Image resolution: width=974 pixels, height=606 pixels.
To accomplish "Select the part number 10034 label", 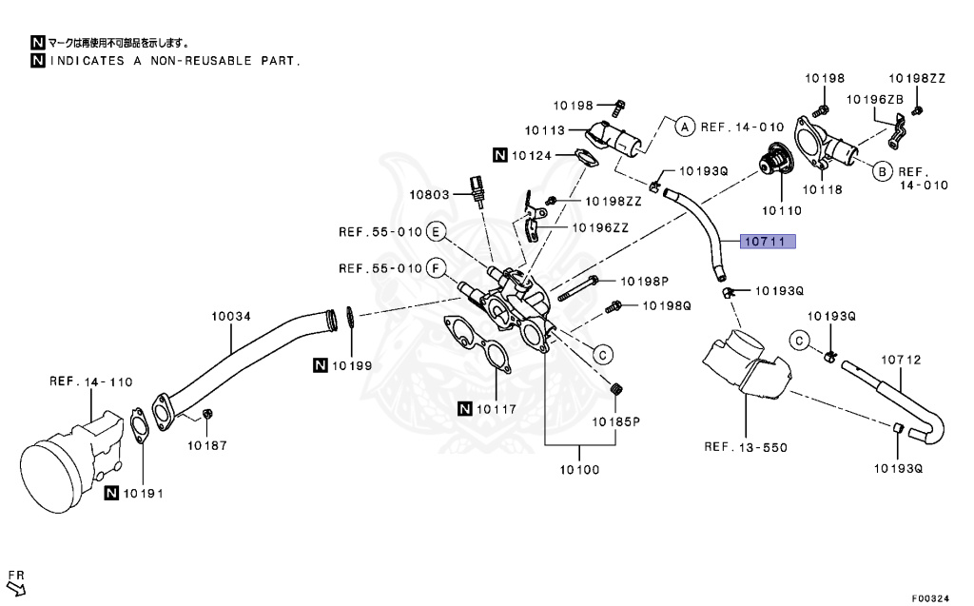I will [230, 315].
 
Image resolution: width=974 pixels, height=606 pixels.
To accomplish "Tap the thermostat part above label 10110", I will [774, 162].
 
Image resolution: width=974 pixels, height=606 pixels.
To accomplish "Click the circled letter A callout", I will [684, 125].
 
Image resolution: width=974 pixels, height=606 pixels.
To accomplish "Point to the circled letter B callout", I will [882, 171].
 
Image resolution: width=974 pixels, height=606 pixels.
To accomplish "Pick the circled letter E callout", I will [436, 232].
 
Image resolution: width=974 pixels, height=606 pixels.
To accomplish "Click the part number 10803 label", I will [430, 194].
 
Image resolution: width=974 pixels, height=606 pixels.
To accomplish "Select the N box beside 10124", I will [500, 154].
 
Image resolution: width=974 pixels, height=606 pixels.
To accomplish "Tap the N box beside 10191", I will [112, 493].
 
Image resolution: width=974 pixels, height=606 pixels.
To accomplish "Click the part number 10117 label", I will [497, 410].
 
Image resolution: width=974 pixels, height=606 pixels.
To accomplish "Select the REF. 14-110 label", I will [91, 382].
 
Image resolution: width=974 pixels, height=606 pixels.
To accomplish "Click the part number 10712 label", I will [901, 360].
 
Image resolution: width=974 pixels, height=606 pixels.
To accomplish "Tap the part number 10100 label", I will [579, 469].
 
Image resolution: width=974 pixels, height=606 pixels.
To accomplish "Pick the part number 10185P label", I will [616, 420].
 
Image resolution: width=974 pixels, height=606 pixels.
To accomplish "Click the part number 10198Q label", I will [666, 305].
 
